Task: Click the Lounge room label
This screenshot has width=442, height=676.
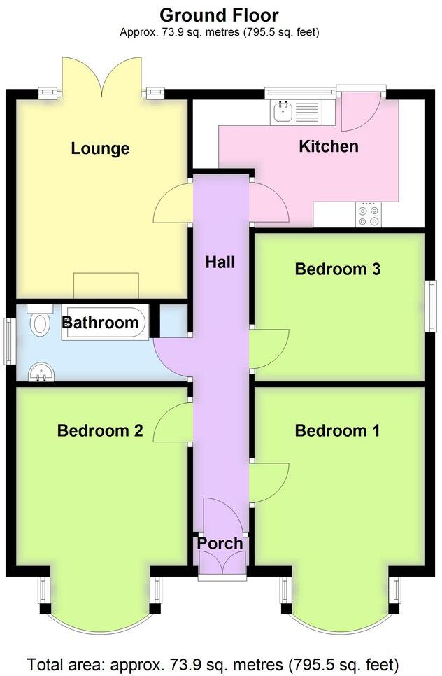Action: point(100,148)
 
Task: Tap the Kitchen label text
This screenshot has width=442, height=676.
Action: point(328,146)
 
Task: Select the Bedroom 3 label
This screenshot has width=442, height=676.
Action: point(337,269)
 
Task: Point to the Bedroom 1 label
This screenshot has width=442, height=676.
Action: point(337,430)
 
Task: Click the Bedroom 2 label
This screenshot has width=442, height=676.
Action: point(100,430)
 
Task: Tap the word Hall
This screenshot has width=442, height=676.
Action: point(220,262)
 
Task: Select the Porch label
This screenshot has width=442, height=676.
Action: point(220,543)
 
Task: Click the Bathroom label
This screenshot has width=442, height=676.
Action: point(101,323)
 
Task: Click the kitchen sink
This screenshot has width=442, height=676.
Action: point(285,111)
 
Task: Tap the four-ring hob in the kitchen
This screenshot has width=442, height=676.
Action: point(369,214)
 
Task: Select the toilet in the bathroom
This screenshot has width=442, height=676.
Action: point(40,321)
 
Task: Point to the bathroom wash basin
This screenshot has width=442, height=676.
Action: point(41,372)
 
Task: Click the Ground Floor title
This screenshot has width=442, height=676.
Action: point(219,15)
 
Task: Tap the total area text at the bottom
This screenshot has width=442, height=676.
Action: point(213,663)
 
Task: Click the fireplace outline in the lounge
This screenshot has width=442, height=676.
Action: point(107,286)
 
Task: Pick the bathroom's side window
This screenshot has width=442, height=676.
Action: point(10,341)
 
